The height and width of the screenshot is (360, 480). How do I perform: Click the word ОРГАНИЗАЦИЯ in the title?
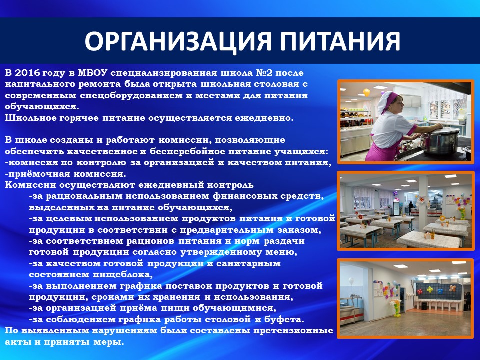178,41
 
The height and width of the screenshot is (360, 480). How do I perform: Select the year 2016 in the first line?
27,73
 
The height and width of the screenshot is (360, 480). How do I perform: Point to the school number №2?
266,73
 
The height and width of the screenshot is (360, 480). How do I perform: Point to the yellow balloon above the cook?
366,92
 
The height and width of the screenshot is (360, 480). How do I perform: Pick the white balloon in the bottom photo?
351,280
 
